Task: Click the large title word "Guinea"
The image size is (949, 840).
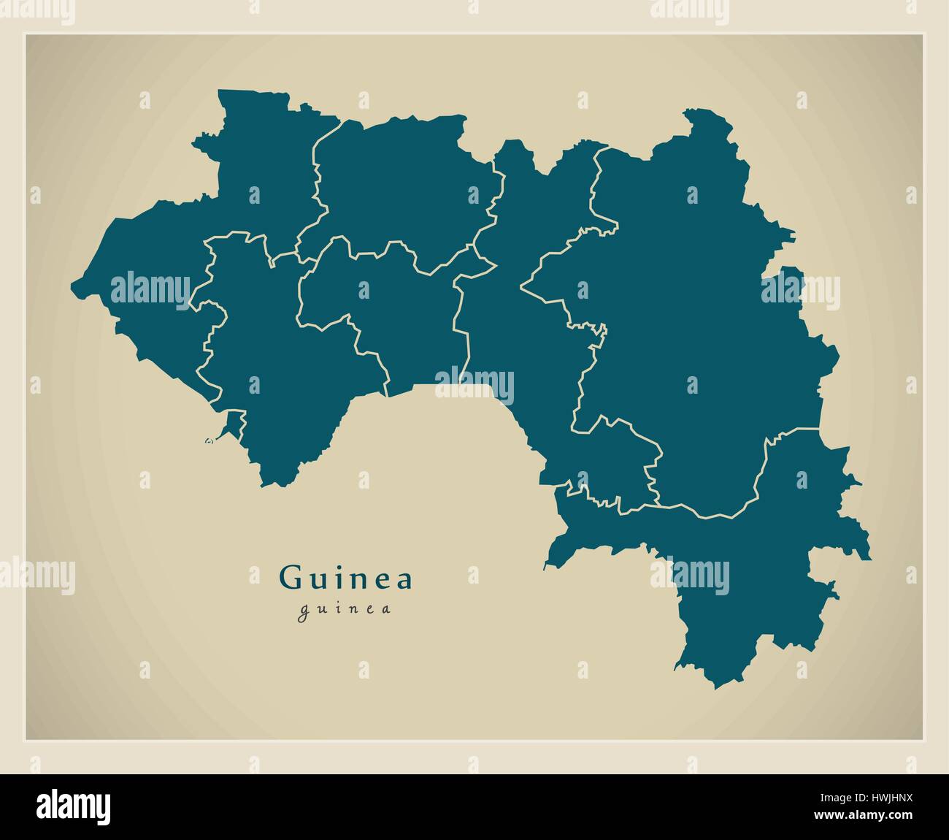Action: tap(346, 579)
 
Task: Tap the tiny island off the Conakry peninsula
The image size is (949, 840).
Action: tap(209, 440)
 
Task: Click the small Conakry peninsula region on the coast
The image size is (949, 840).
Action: tap(231, 423)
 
